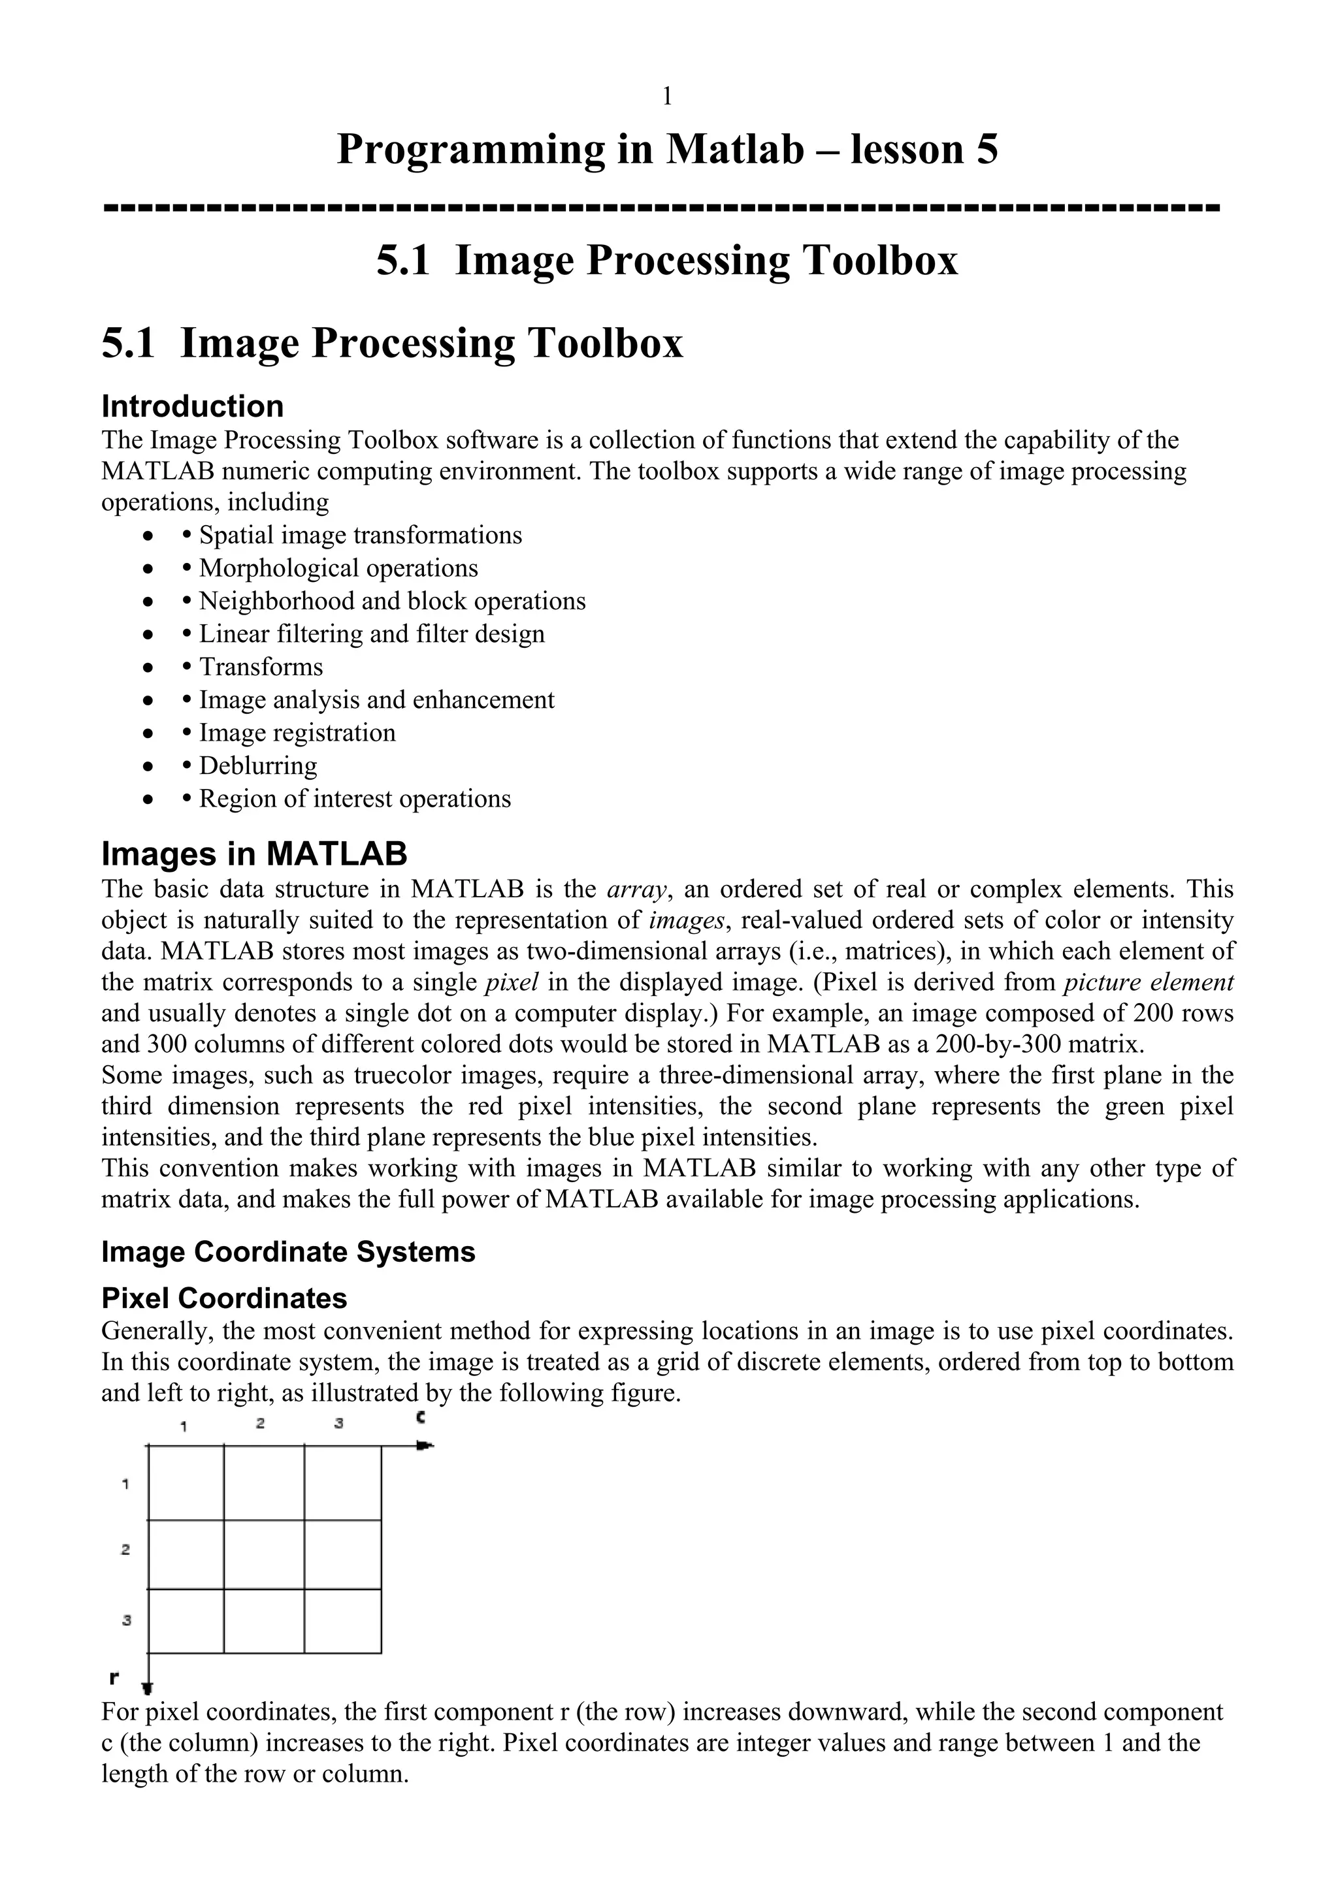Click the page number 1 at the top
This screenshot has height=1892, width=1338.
(667, 97)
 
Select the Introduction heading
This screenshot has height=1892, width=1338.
(192, 406)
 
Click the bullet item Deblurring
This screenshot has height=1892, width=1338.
(257, 765)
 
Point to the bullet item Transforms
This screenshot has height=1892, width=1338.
(261, 667)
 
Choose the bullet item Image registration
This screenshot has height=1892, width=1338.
(297, 733)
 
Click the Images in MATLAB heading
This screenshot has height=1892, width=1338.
(254, 854)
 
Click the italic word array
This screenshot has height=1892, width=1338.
(636, 889)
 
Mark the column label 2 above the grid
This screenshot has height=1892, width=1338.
(259, 1424)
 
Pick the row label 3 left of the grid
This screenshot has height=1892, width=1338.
(126, 1621)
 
